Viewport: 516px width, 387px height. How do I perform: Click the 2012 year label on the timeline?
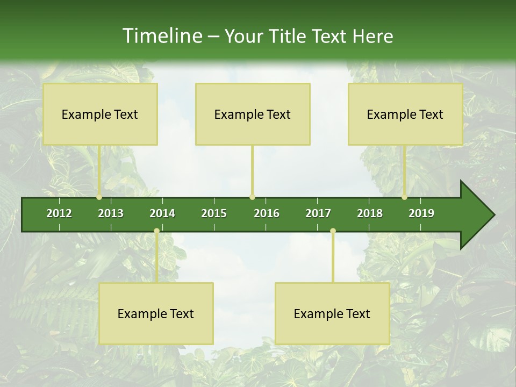[59, 213]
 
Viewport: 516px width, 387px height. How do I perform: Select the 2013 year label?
[111, 213]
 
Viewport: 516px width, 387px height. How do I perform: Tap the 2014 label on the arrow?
[162, 213]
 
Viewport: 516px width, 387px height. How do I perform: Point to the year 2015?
[214, 213]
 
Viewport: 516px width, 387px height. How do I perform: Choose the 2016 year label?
[267, 213]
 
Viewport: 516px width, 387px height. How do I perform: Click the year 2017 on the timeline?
[318, 213]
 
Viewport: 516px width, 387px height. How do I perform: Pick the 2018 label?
[370, 213]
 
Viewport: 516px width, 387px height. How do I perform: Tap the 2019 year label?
[421, 213]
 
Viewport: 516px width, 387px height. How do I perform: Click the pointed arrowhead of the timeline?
[478, 215]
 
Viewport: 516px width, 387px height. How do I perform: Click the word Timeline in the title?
[161, 36]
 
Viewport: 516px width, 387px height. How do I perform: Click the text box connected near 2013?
[100, 114]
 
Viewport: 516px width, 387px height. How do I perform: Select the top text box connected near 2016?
[253, 114]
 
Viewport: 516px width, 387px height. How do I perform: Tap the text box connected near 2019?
[405, 114]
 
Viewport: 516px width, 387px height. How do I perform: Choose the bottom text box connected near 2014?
[156, 313]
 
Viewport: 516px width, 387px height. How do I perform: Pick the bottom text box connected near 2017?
[332, 313]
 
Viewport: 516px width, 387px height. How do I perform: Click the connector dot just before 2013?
[99, 197]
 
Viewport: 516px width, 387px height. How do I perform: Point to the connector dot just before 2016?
[253, 197]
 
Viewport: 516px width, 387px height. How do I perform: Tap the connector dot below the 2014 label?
[156, 231]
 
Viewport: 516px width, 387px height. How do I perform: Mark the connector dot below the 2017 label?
[333, 231]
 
